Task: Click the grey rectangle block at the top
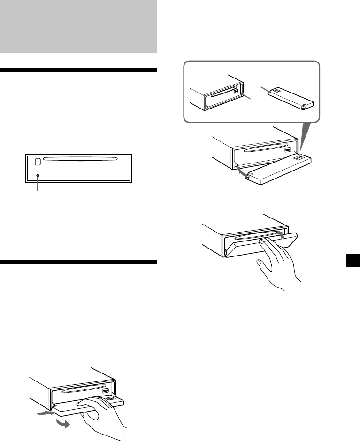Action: tap(78, 26)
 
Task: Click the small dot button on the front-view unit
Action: tap(38, 176)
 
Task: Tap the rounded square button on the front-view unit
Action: tap(37, 162)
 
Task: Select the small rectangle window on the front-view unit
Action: tap(112, 166)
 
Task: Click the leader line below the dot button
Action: tap(38, 184)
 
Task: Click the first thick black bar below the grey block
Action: tap(78, 70)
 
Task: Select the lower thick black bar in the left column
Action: tap(78, 262)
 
